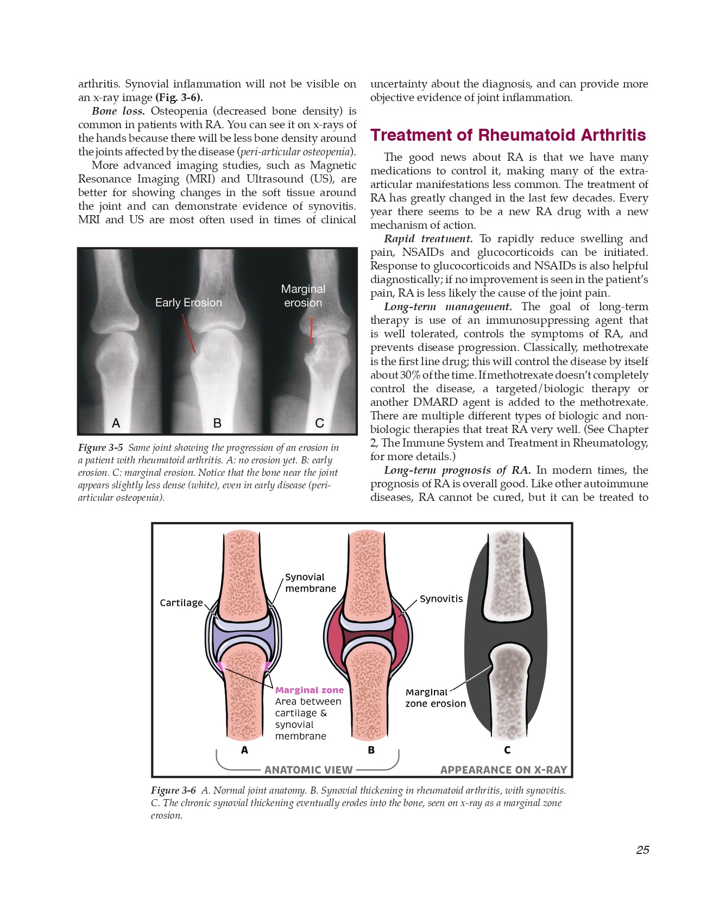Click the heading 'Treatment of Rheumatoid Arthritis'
[508, 135]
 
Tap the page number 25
[642, 850]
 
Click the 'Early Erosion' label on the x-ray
[188, 303]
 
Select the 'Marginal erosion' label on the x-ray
[303, 296]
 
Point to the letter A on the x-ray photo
[116, 423]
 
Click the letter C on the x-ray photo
[319, 423]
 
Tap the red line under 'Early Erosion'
[188, 333]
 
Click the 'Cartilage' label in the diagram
[181, 603]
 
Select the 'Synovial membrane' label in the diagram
[310, 583]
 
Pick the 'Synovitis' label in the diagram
[441, 599]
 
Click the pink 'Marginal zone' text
[309, 690]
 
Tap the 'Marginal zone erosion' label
[435, 698]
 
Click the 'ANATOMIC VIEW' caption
[308, 770]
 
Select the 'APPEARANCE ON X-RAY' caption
[503, 770]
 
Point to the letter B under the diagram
[371, 750]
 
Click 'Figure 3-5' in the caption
[100, 448]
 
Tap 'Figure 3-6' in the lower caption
[173, 790]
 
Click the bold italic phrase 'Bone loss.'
[118, 111]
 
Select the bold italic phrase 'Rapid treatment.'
[428, 239]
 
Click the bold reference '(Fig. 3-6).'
[179, 98]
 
